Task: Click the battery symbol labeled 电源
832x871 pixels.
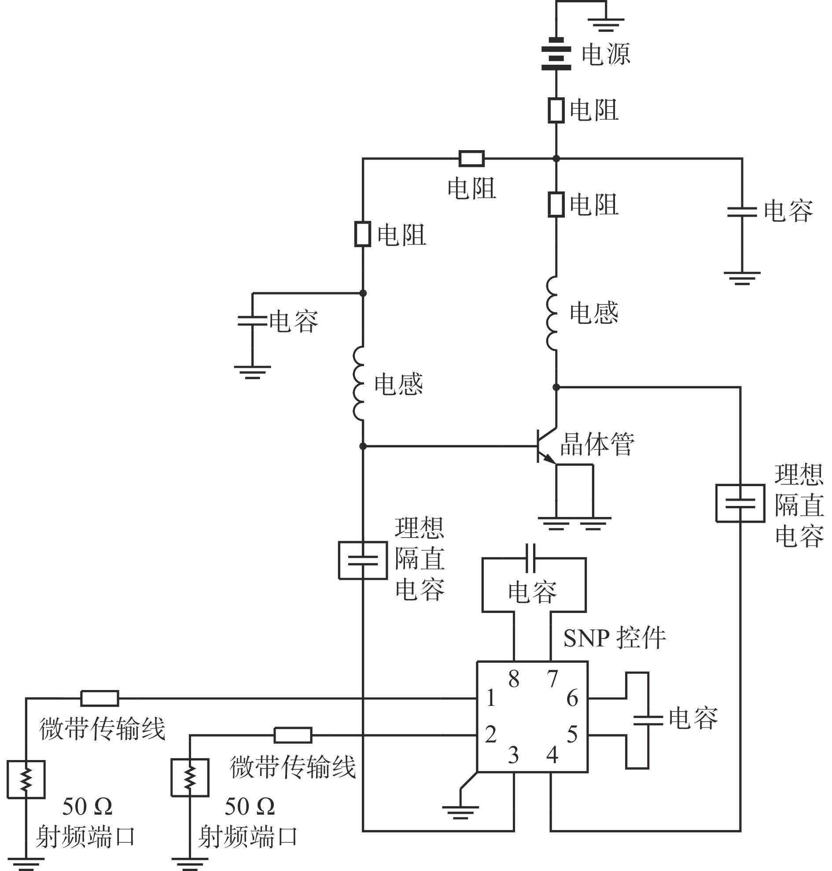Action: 556,54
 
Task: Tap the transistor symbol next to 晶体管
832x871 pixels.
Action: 546,446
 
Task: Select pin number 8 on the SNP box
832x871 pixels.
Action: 514,679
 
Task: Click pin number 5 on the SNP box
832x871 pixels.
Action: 572,734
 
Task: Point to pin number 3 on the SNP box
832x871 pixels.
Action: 513,755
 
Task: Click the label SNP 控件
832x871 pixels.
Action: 614,638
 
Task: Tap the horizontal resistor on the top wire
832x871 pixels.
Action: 471,159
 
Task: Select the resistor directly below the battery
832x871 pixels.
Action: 556,110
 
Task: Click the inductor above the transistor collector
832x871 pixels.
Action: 552,313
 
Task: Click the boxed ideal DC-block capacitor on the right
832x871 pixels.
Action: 740,503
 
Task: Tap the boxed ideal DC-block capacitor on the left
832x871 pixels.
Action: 363,560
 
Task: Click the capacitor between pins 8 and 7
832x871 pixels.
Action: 530,558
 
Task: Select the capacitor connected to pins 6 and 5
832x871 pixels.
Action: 648,720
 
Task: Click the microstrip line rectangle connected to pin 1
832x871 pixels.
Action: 99,698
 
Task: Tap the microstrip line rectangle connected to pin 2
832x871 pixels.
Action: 293,735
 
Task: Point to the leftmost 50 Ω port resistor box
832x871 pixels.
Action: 26,779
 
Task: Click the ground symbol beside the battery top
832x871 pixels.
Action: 606,24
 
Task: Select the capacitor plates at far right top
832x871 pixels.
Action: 742,212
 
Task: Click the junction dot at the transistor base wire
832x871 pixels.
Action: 363,446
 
